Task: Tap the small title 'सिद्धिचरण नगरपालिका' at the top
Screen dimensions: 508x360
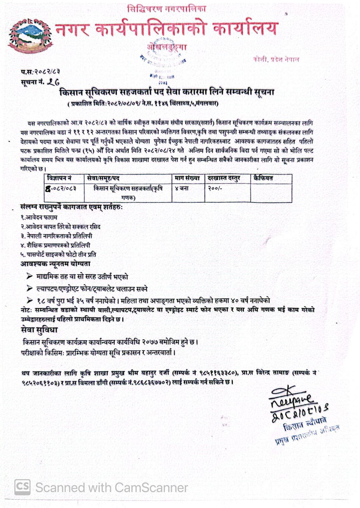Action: click(x=166, y=9)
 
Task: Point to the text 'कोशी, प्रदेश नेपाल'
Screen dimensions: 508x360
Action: click(x=276, y=59)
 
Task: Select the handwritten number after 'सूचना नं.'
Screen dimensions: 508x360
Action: click(x=53, y=82)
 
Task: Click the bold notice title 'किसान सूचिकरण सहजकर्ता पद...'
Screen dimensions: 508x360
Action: click(x=166, y=92)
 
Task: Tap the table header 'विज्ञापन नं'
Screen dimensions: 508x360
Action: click(x=59, y=178)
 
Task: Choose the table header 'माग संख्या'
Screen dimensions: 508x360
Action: click(x=187, y=178)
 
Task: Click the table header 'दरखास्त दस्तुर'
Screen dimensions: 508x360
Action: click(x=224, y=178)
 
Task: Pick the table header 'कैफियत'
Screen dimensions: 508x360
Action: click(x=263, y=178)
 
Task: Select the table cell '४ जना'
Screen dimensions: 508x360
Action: click(x=182, y=188)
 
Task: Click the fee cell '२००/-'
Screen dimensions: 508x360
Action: click(x=215, y=188)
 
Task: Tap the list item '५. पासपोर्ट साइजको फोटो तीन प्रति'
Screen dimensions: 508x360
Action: click(x=58, y=254)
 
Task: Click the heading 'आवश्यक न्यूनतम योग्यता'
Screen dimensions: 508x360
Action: click(x=56, y=264)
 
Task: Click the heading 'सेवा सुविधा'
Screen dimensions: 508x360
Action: click(x=39, y=330)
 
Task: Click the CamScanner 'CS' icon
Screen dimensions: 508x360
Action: click(x=23, y=487)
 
